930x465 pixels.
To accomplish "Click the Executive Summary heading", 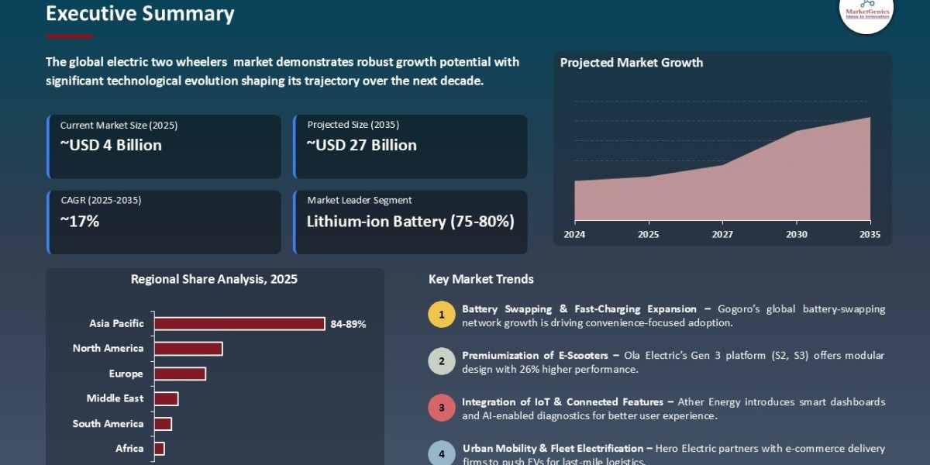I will (139, 13).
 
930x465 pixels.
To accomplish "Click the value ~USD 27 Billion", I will (361, 145).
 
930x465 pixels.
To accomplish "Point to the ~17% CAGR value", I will (80, 221).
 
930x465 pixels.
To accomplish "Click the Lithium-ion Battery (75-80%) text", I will (410, 221).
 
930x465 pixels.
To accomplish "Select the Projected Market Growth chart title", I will (631, 63).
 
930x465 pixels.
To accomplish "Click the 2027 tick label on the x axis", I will (722, 234).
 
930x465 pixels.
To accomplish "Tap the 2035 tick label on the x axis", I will (870, 234).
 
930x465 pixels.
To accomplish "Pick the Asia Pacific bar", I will (239, 324).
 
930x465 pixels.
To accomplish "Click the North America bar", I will (188, 349).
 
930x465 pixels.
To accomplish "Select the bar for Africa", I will (159, 449).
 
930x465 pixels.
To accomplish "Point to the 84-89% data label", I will (348, 324).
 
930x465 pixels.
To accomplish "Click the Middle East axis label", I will (115, 398).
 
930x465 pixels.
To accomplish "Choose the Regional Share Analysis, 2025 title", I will (214, 279).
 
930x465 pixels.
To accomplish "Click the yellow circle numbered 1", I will (441, 315).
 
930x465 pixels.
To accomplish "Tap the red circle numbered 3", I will (441, 408).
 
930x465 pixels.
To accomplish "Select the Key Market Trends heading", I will (480, 279).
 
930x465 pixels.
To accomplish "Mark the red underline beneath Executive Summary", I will (69, 36).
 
